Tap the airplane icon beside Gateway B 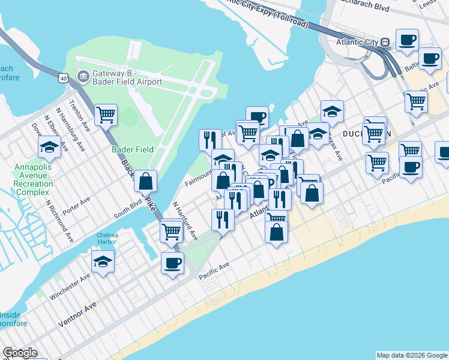click(x=82, y=77)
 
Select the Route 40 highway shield click(x=64, y=78)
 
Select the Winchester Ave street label click(x=70, y=286)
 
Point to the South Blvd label click(x=130, y=208)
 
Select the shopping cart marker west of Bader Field click(x=106, y=115)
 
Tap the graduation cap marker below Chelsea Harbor click(x=103, y=261)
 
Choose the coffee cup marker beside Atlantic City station click(x=407, y=40)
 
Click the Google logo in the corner click(x=20, y=353)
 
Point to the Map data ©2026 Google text click(x=412, y=355)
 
